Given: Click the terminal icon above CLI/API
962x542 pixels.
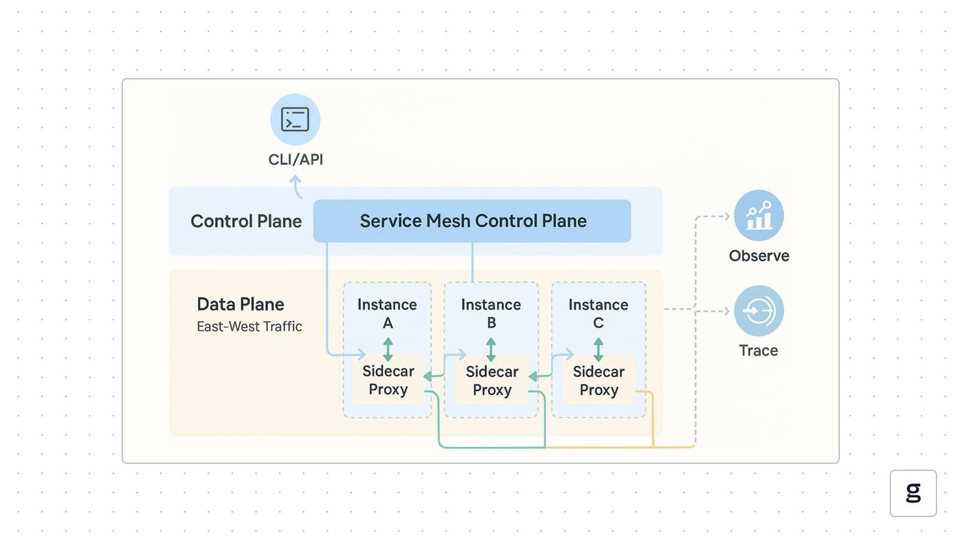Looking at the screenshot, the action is tap(295, 120).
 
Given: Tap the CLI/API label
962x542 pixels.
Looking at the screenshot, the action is tap(295, 160).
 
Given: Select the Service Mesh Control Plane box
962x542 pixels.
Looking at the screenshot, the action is tap(472, 221).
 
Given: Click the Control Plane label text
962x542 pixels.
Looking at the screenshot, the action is tap(246, 221).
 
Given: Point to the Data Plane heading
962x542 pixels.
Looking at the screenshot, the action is tap(240, 304).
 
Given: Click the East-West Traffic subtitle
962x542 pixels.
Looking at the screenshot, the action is tap(249, 327).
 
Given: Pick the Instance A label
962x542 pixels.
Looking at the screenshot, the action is tap(388, 314).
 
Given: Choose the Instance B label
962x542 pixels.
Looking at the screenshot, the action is tap(491, 314).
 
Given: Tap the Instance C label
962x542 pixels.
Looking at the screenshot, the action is tap(599, 314).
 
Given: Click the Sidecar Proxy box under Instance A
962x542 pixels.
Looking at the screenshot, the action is tap(388, 380).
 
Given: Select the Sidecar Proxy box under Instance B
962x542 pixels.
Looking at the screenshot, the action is tap(492, 380).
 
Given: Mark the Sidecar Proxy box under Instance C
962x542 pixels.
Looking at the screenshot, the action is tap(599, 380).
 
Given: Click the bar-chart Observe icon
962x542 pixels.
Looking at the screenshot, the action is tap(759, 215).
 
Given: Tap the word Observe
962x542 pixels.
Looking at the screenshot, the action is tap(759, 256).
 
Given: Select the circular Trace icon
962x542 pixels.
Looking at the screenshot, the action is tap(759, 311).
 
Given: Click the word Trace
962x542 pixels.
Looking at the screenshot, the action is tap(759, 351).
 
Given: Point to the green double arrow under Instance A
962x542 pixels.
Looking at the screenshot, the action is tap(388, 349).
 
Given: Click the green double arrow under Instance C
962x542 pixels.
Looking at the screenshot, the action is tap(599, 349).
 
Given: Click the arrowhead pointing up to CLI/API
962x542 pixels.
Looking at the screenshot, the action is tap(295, 180).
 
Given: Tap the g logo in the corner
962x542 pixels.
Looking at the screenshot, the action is tap(913, 493).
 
